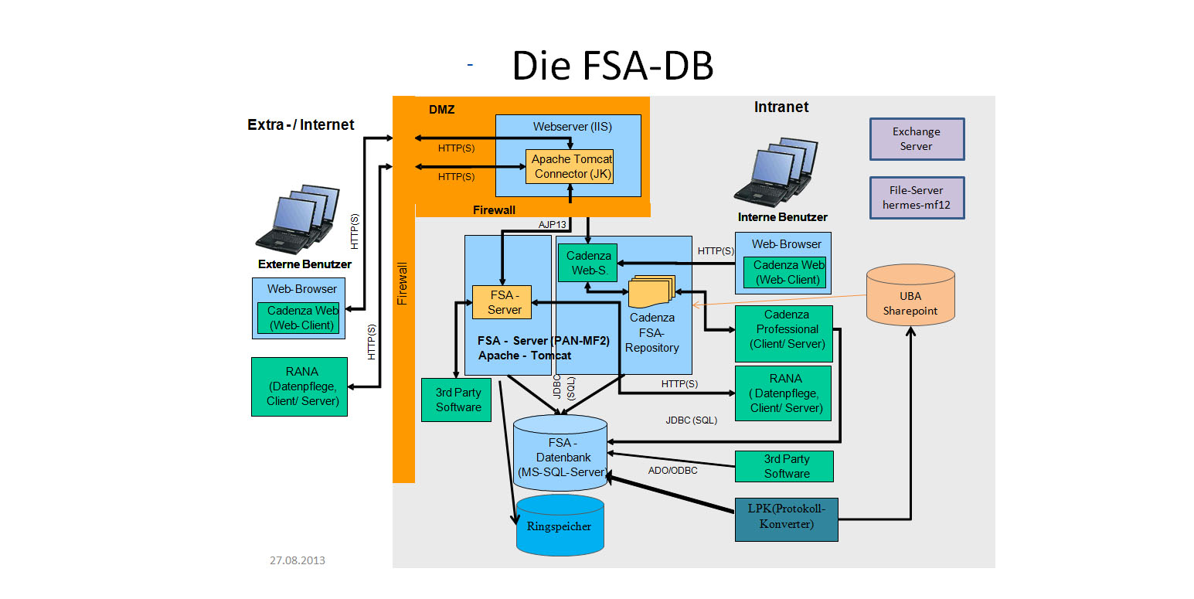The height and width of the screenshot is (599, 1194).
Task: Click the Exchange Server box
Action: (x=917, y=139)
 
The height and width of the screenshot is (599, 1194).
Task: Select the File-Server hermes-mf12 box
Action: (x=917, y=198)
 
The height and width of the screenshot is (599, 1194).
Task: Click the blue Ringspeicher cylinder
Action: (x=560, y=526)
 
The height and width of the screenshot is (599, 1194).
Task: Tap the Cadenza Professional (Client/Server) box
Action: (x=783, y=329)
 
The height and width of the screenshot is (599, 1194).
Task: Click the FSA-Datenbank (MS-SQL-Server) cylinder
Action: (x=560, y=457)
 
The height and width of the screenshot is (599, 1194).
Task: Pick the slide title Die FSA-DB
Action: (x=612, y=66)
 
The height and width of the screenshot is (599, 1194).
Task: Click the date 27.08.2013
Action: (x=298, y=560)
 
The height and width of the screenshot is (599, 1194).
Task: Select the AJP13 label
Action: (x=553, y=224)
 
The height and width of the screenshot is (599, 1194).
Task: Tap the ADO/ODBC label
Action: (x=672, y=470)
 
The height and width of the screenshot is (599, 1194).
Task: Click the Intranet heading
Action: (x=781, y=107)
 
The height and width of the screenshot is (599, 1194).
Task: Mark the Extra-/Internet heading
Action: (x=301, y=124)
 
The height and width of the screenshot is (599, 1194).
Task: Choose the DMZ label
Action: (x=441, y=110)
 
